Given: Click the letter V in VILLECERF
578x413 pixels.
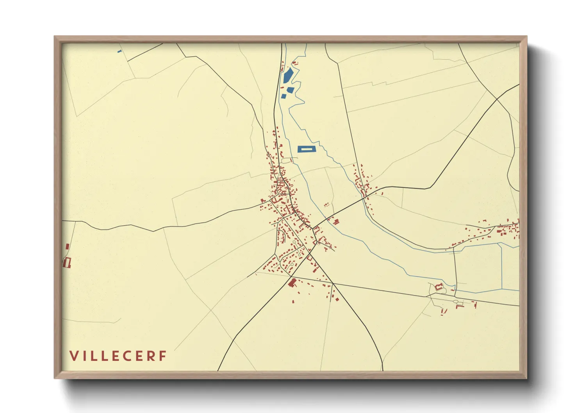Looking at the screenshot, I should pos(73,356).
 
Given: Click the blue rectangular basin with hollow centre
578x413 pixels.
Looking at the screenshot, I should pos(307,149).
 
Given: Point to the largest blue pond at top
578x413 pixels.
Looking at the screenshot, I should pos(288,75).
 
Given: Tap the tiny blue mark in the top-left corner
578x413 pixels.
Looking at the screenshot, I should pos(120,51).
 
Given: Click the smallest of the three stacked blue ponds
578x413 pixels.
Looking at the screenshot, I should pos(284,96).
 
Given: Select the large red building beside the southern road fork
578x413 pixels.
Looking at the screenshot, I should pos(292,282).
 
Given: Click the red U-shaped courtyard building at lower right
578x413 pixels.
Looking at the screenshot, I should pos(439,287).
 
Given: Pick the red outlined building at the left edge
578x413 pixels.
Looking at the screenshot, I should pos(67,262).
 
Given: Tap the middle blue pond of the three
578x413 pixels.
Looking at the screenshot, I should pos(291,90).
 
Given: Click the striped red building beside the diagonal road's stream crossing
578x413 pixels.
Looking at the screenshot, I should pos(335,222).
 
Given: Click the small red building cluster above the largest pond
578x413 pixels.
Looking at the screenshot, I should pos(295,62).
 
